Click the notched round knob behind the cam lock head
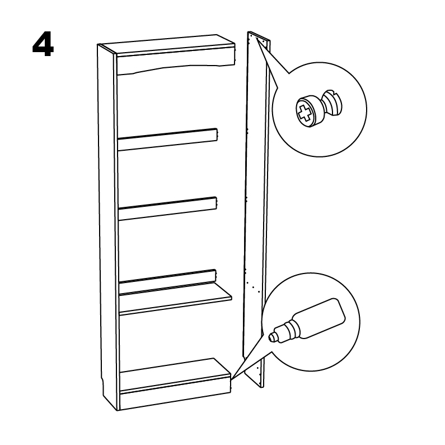(x=333, y=103)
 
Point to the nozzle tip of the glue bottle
(x=271, y=337)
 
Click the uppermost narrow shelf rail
(x=168, y=139)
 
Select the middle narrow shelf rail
(x=167, y=208)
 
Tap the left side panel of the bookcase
(x=107, y=228)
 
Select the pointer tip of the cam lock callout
(x=256, y=38)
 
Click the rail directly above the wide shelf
(x=167, y=281)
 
